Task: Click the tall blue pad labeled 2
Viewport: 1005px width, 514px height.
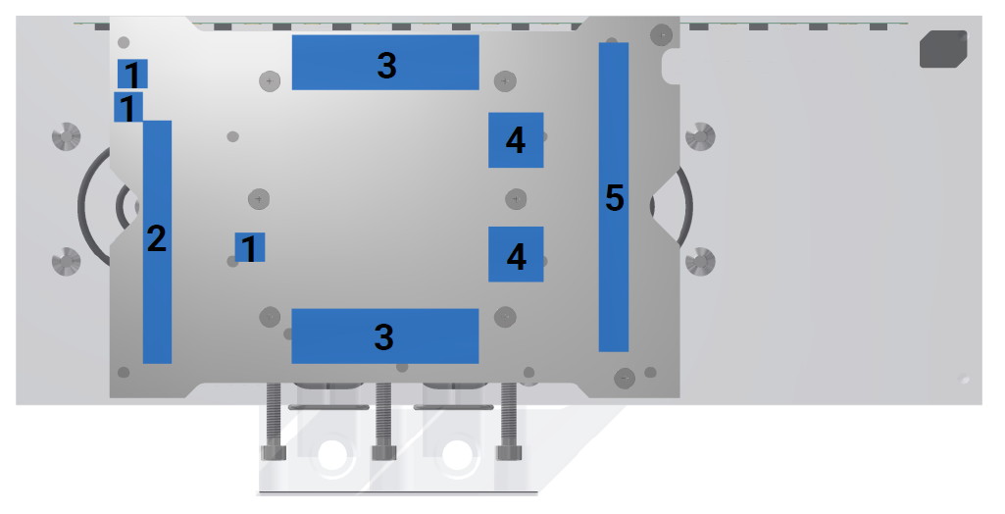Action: click(157, 242)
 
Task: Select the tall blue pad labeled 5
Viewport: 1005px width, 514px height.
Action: click(614, 197)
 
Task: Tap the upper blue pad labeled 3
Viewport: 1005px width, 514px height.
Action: click(385, 62)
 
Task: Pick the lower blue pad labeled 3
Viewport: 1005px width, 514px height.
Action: click(385, 335)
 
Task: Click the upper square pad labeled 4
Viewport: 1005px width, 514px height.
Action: click(516, 139)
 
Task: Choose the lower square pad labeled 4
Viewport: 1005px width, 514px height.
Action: click(516, 254)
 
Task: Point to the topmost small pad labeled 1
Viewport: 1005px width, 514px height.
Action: click(132, 74)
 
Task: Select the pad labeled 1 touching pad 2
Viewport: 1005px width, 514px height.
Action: click(128, 107)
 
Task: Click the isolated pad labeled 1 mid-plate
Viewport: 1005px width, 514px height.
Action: click(250, 247)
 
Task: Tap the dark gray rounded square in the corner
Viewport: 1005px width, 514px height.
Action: click(943, 49)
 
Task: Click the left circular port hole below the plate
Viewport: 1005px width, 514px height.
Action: click(332, 454)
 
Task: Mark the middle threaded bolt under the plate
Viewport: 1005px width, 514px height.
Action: click(384, 421)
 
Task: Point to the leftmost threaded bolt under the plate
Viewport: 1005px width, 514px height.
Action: click(273, 421)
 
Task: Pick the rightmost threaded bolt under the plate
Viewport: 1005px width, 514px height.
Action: click(509, 421)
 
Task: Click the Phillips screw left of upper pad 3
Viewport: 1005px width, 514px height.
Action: click(270, 81)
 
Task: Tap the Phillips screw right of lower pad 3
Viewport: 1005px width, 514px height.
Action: click(505, 317)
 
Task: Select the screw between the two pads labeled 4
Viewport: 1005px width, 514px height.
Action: click(516, 199)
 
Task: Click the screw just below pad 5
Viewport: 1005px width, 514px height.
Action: click(625, 378)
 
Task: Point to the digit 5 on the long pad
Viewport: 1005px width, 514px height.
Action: click(614, 197)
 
